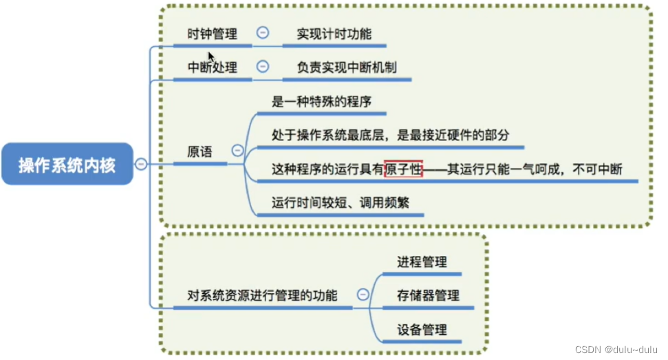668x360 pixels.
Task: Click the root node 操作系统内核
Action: tap(67, 165)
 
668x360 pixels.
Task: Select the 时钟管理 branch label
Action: tap(213, 33)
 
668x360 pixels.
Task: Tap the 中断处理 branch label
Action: tap(213, 67)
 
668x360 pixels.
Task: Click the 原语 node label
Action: tap(200, 151)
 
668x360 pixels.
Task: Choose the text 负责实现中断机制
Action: tap(347, 67)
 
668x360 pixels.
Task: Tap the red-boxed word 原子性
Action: tap(403, 169)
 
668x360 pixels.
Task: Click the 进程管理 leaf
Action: tap(422, 262)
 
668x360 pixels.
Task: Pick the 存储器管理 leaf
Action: tap(428, 296)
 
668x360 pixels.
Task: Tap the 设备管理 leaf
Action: tap(422, 330)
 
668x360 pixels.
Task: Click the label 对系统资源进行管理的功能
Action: tap(262, 296)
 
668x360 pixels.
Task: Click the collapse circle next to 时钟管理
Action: tap(262, 32)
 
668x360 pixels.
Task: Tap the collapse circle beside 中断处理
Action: tap(262, 67)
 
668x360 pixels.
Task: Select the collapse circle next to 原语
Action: tap(238, 150)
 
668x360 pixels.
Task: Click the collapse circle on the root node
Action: tap(141, 164)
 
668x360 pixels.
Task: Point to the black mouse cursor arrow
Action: tap(211, 56)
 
